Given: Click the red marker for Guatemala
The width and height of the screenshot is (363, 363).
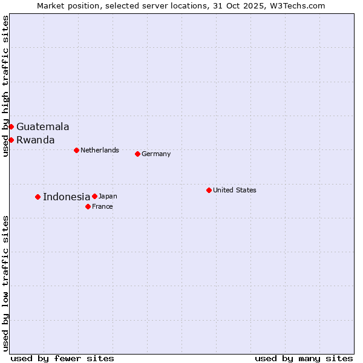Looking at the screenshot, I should (11, 126).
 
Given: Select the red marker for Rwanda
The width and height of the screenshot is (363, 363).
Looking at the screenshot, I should (11, 140).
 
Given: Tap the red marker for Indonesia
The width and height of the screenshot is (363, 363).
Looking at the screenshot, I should (38, 197).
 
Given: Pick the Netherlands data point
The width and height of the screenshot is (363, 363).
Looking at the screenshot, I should (76, 150).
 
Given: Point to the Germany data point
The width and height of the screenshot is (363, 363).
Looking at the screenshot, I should (137, 154).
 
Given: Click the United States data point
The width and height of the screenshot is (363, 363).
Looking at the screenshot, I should (209, 190).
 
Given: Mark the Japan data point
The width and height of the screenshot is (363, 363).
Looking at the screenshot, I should (94, 196).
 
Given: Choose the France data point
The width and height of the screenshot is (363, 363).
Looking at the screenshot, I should (88, 206).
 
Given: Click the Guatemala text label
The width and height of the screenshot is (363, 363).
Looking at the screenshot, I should (42, 127).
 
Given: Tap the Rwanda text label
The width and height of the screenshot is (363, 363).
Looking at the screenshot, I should (35, 140).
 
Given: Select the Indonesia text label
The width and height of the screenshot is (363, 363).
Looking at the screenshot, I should (67, 197).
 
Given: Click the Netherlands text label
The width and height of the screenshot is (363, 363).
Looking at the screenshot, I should (100, 150).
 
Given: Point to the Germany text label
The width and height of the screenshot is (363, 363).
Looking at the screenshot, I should (156, 154).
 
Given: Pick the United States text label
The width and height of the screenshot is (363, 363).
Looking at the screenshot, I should (235, 190).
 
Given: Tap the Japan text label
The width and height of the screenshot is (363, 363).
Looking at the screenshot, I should (108, 196).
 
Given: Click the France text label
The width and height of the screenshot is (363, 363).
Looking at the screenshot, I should (102, 206).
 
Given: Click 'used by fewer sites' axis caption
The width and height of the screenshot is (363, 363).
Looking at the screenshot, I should (62, 358).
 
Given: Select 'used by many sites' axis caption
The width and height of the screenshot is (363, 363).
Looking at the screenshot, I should (304, 358).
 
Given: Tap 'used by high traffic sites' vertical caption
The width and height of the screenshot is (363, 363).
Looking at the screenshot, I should (5, 86).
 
